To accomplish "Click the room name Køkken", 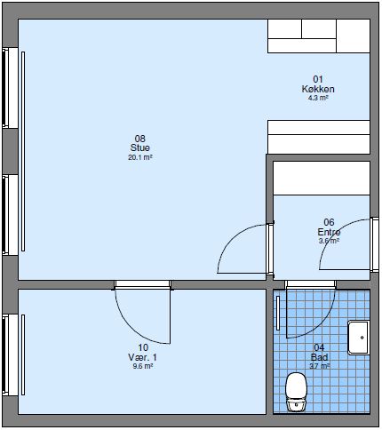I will pos(317,89).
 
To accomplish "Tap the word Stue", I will pos(139,147).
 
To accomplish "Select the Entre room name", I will pos(329,232).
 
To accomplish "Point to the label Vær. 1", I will pos(142,357).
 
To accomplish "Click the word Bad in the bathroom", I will pos(319,357).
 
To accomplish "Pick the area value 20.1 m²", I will pos(139,157).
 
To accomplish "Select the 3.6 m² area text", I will pos(329,241).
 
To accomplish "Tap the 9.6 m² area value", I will pos(142,366).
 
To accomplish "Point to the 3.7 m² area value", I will pos(319,366).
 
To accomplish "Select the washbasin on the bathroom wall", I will pos(360,337).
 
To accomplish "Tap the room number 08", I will pos(139,138).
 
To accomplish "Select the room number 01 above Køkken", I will pos(317,79).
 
